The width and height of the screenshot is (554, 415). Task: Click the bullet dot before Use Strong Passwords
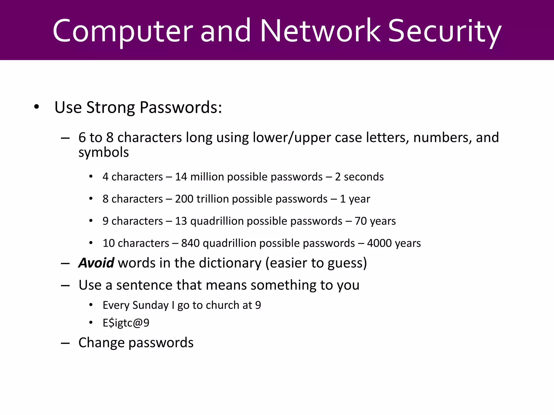37,107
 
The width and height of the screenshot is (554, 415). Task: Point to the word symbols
104,153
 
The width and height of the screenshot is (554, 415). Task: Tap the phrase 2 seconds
359,177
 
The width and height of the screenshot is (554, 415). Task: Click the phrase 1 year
355,199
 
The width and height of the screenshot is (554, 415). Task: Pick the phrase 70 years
375,221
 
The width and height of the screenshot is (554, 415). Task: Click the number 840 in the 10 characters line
190,243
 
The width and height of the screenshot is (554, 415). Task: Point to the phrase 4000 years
394,243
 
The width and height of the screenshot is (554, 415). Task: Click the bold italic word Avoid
96,263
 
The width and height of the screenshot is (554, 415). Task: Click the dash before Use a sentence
65,286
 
